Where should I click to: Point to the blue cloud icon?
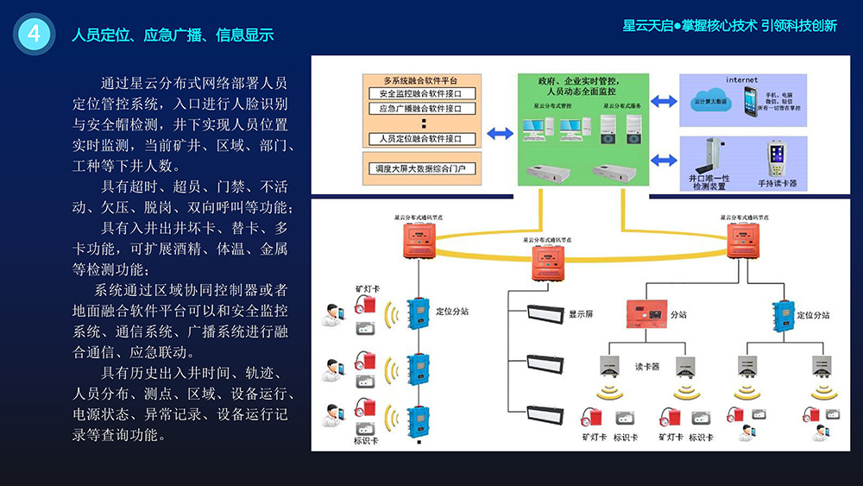click(711, 99)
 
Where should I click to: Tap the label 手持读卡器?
click(777, 183)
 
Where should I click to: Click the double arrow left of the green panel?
click(500, 134)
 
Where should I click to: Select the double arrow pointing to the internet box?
click(663, 102)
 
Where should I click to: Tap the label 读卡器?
click(647, 366)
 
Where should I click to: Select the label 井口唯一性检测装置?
click(709, 182)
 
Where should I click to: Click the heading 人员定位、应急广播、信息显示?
click(173, 35)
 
